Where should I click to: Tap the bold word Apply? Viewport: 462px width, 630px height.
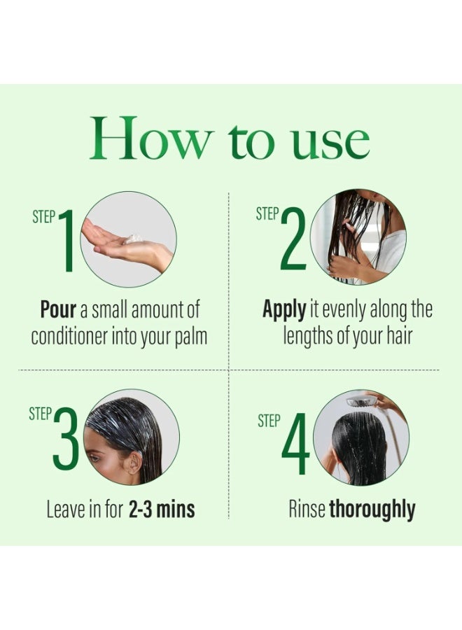point(284,309)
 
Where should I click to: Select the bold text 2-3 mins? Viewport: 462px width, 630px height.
point(162,509)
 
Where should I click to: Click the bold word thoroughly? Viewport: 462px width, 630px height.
point(372,509)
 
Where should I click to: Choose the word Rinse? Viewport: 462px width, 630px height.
point(307,509)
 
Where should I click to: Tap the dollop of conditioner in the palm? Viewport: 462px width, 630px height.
point(133,239)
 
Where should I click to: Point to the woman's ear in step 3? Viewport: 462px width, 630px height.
point(129,463)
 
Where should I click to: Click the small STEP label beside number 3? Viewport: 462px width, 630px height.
point(40,414)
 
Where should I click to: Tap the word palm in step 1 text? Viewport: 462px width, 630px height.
point(190,336)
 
